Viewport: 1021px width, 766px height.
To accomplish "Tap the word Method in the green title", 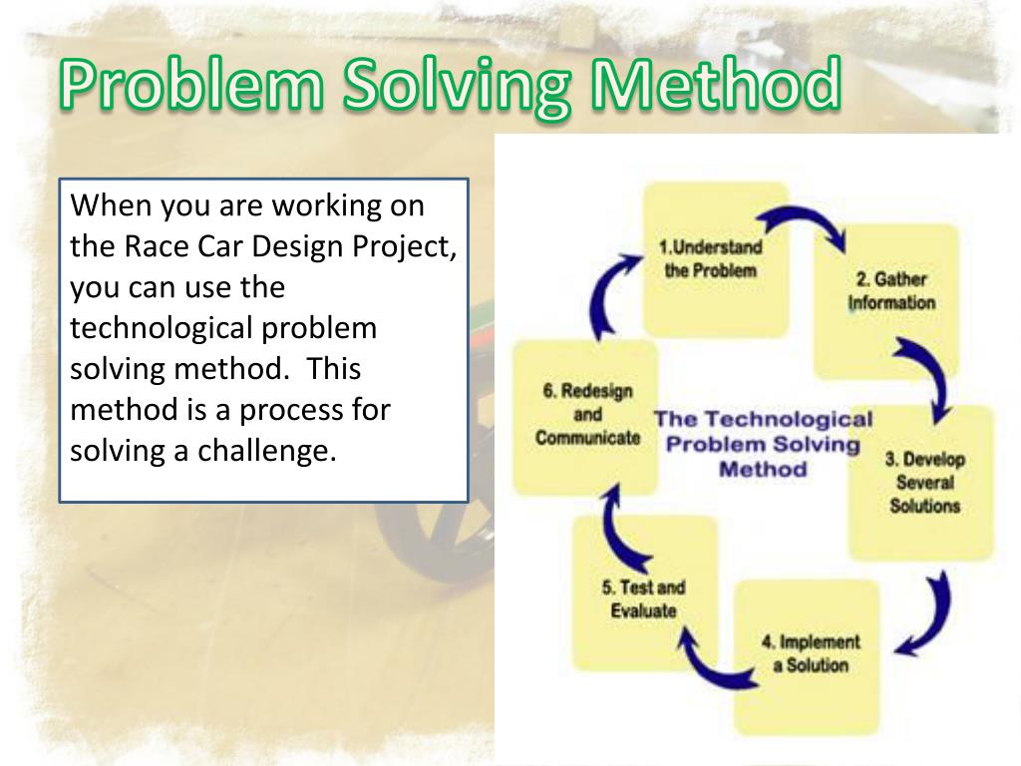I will [714, 88].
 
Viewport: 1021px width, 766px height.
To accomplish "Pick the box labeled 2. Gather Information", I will [890, 294].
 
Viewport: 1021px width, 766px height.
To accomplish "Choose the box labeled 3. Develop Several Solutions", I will [922, 483].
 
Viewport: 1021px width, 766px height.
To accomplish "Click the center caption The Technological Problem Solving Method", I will [763, 444].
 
